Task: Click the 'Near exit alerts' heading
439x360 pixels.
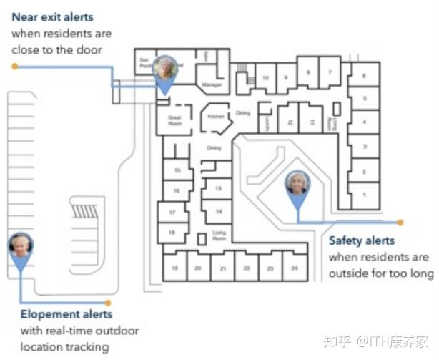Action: [52, 16]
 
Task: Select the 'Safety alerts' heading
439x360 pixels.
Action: [361, 241]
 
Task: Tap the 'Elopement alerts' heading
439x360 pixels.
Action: [66, 314]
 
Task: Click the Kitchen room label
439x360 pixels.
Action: [216, 116]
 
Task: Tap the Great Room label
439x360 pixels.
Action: [175, 120]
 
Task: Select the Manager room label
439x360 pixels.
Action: [212, 84]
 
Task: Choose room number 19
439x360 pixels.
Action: [175, 268]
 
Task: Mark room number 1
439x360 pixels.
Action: [364, 194]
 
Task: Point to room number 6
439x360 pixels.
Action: [364, 75]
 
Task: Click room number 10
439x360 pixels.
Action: [265, 77]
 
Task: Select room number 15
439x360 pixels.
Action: [176, 170]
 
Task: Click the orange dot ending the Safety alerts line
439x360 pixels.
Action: [400, 223]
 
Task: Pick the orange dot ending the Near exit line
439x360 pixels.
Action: [14, 66]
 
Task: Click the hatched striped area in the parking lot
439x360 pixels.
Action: [86, 212]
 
